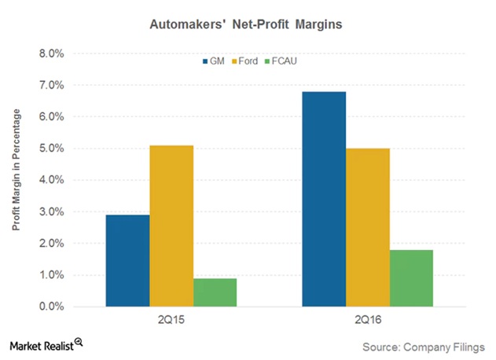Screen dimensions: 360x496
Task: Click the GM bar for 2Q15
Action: point(128,260)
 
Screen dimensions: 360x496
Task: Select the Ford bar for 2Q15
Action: point(171,226)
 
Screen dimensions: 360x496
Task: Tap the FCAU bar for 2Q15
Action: point(215,292)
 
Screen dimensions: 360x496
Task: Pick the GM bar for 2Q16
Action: point(324,199)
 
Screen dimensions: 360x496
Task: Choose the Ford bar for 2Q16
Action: point(367,227)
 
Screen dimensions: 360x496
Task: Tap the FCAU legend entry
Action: point(290,61)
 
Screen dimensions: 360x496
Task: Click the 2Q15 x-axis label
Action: point(171,321)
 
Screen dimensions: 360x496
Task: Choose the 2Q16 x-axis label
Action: point(367,321)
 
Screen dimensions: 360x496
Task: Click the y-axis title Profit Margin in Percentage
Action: point(17,180)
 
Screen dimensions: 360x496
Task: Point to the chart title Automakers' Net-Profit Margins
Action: point(248,25)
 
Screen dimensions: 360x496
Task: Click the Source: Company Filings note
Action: point(424,345)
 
